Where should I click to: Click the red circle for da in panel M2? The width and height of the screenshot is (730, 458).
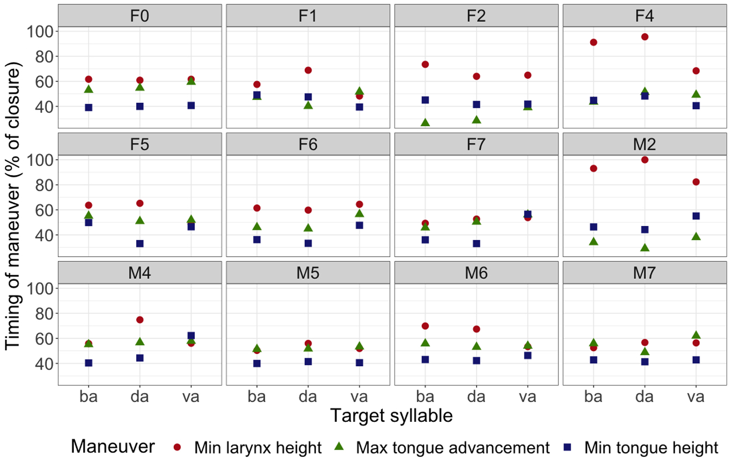644,160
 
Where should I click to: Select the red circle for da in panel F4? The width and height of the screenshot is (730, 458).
644,37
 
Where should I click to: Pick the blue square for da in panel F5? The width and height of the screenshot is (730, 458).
140,244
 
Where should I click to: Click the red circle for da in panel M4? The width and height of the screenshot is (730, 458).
140,320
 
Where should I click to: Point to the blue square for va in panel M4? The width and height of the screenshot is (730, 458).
191,336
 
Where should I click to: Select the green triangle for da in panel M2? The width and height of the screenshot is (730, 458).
644,248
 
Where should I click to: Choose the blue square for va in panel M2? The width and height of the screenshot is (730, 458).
696,216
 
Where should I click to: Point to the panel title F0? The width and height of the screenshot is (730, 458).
140,16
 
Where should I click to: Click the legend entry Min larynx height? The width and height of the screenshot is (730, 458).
258,447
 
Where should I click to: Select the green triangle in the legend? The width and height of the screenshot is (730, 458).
339,446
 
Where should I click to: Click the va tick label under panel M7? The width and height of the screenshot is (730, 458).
696,396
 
